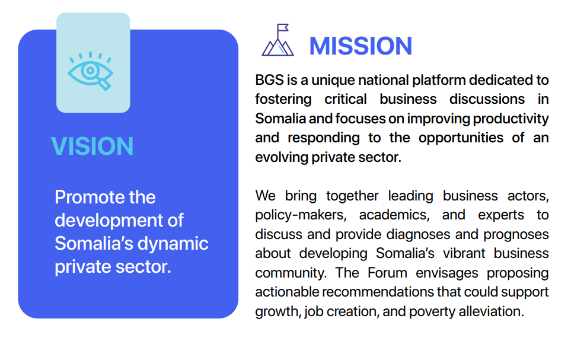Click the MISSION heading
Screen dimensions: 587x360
coord(361,46)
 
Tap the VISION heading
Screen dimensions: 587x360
coord(92,146)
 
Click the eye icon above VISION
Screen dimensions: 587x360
coord(90,71)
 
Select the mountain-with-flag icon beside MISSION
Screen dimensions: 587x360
coord(277,40)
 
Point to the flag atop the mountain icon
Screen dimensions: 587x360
coord(283,28)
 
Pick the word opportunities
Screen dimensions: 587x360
coord(461,138)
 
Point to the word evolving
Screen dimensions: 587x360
coord(281,158)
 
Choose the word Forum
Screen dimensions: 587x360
coord(387,273)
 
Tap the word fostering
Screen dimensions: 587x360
coord(283,100)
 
